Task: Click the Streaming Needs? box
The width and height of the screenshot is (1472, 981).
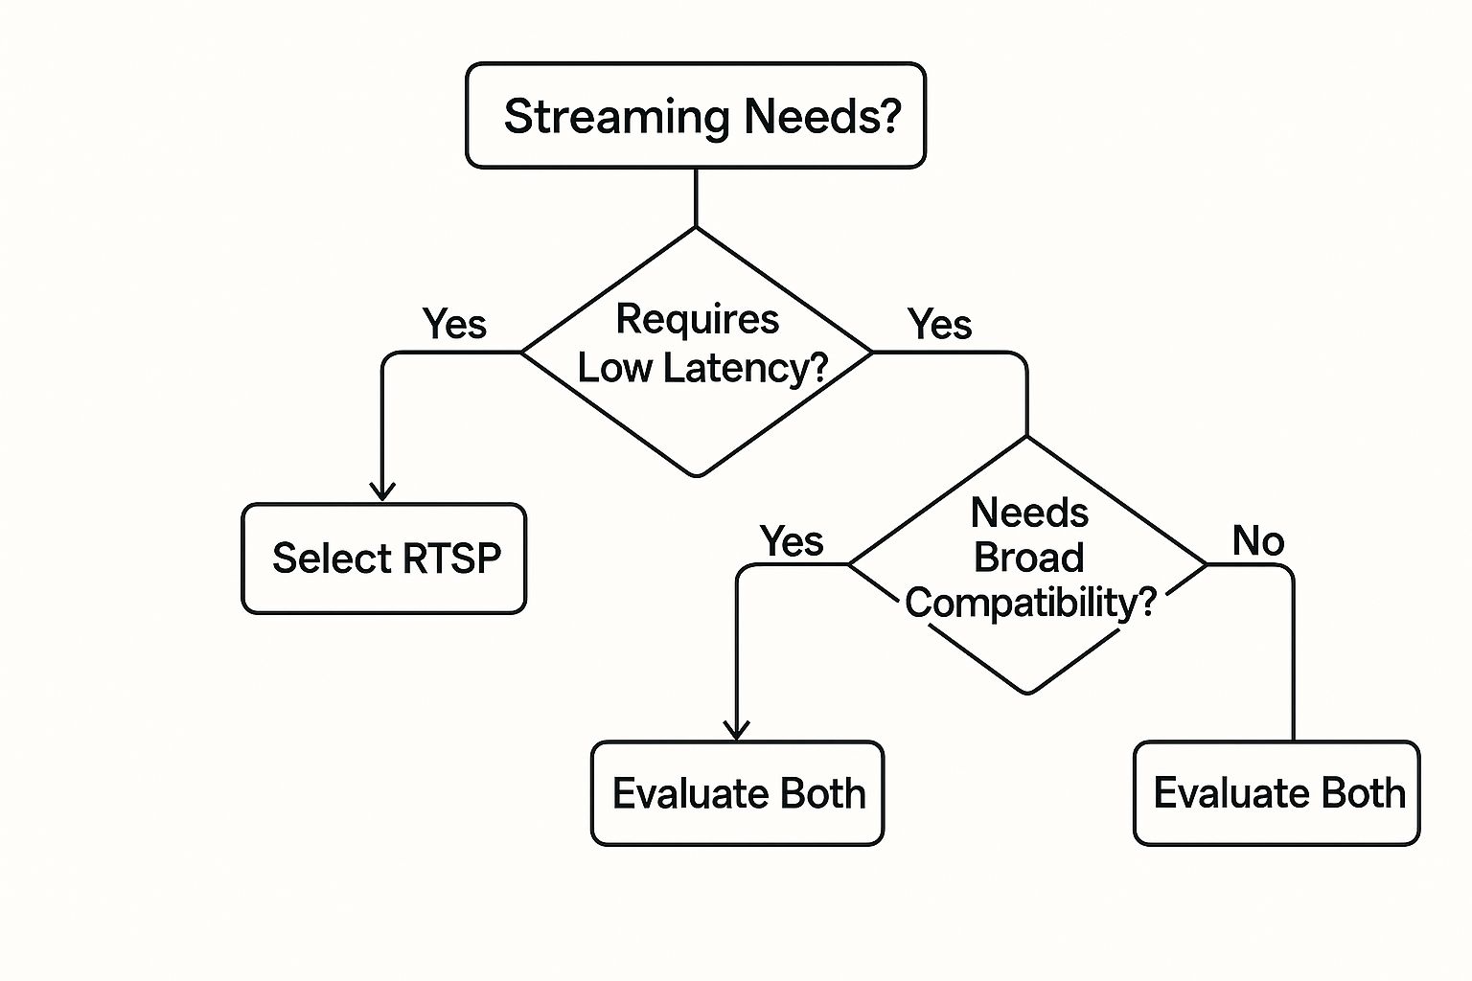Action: [695, 116]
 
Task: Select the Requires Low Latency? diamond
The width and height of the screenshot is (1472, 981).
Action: [697, 352]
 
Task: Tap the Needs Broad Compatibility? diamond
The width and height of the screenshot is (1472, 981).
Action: [1027, 564]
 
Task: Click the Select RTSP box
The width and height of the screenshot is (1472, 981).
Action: [383, 559]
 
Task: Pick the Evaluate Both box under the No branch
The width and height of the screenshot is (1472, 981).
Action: [1276, 793]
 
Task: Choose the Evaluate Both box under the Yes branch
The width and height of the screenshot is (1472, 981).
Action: [737, 793]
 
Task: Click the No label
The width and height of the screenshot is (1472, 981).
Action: [1257, 541]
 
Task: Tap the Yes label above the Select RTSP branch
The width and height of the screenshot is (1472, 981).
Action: [454, 324]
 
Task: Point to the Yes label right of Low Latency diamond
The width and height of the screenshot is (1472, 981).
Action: [940, 324]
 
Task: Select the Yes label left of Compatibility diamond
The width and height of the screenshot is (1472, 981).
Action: [792, 541]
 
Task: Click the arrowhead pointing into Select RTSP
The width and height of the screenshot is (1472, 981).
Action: [381, 490]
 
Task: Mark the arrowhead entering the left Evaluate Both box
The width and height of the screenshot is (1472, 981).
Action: [736, 729]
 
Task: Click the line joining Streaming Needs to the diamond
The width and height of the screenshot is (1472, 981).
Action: [695, 197]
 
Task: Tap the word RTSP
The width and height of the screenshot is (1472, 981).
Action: [451, 559]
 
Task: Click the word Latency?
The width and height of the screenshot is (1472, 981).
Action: [746, 369]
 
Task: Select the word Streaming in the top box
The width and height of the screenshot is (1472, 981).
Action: [616, 117]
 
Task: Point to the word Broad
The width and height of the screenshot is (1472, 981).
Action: [1028, 558]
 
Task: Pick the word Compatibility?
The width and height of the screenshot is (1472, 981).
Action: [1030, 603]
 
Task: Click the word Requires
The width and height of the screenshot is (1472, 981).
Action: [697, 320]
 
